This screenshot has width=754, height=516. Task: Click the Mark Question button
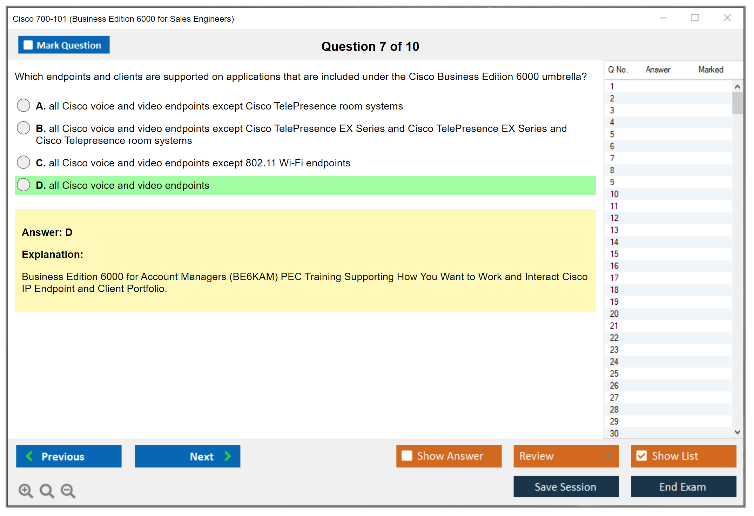point(64,45)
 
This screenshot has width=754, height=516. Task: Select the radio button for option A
point(23,105)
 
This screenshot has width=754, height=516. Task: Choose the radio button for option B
point(23,128)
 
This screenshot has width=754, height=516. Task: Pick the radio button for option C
point(23,162)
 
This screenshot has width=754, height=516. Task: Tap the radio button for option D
point(23,185)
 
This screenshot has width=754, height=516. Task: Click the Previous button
point(69,456)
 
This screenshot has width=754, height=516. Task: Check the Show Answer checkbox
point(407,456)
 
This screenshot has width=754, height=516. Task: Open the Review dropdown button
point(566,456)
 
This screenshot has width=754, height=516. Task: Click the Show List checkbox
point(641,456)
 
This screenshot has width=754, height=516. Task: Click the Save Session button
point(566,487)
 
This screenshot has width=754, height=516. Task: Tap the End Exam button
point(684,487)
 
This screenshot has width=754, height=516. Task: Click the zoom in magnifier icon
point(26,491)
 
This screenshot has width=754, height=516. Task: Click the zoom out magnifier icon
point(68,491)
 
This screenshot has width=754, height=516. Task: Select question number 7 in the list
point(612,158)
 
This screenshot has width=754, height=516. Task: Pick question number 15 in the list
point(614,254)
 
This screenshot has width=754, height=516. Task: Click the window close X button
point(727,18)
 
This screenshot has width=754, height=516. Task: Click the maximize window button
point(695,18)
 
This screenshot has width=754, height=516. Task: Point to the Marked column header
point(711,70)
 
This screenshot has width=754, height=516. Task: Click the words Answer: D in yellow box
point(47,232)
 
